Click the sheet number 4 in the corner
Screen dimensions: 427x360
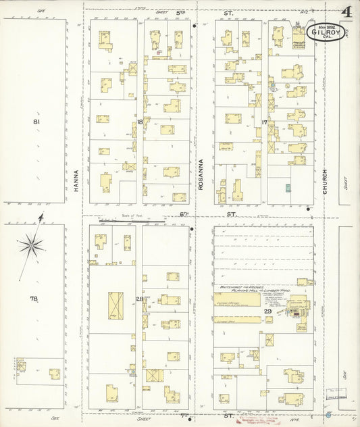pyautogui.click(x=346, y=13)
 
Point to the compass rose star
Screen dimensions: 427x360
pyautogui.click(x=32, y=245)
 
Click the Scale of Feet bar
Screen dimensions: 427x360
pyautogui.click(x=132, y=220)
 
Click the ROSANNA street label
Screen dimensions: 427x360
pyautogui.click(x=201, y=174)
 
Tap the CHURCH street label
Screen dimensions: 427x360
pyautogui.click(x=325, y=183)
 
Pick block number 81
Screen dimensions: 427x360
pyautogui.click(x=36, y=122)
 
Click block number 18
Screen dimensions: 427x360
pyautogui.click(x=139, y=122)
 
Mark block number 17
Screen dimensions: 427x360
pyautogui.click(x=265, y=122)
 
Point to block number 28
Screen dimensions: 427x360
pyautogui.click(x=139, y=299)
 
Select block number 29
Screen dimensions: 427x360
pyautogui.click(x=267, y=311)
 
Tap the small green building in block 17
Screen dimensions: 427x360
pyautogui.click(x=288, y=188)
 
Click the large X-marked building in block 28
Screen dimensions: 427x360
pyautogui.click(x=115, y=305)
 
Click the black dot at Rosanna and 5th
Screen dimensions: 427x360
pyautogui.click(x=195, y=27)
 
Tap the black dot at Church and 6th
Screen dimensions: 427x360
pyautogui.click(x=309, y=209)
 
